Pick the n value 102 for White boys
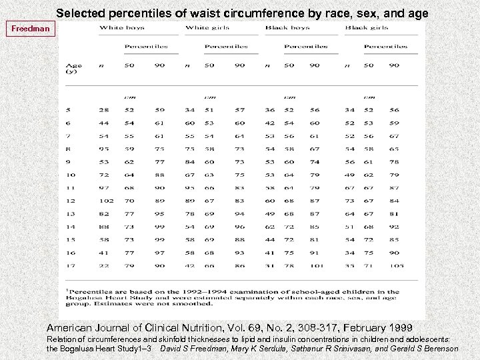pos(105,201)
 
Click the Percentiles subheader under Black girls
pos(385,47)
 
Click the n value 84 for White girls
pos(190,161)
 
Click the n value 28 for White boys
pos(104,110)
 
